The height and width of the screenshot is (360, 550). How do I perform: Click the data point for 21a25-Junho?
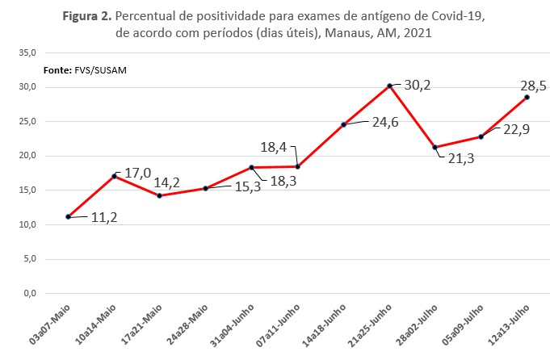(389, 86)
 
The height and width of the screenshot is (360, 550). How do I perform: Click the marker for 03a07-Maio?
(69, 217)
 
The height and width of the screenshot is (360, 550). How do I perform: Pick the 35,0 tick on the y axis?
(27, 52)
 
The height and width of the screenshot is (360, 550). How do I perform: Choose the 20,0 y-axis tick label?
(27, 156)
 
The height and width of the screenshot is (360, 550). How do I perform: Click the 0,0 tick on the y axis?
(29, 294)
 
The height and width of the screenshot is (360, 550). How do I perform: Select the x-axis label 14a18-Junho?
(325, 323)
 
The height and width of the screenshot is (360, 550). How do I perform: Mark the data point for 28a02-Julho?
(435, 147)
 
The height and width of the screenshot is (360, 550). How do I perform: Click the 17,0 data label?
(138, 174)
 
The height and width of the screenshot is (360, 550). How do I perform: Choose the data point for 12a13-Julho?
(527, 97)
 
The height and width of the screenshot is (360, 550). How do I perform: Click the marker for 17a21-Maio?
(160, 196)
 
